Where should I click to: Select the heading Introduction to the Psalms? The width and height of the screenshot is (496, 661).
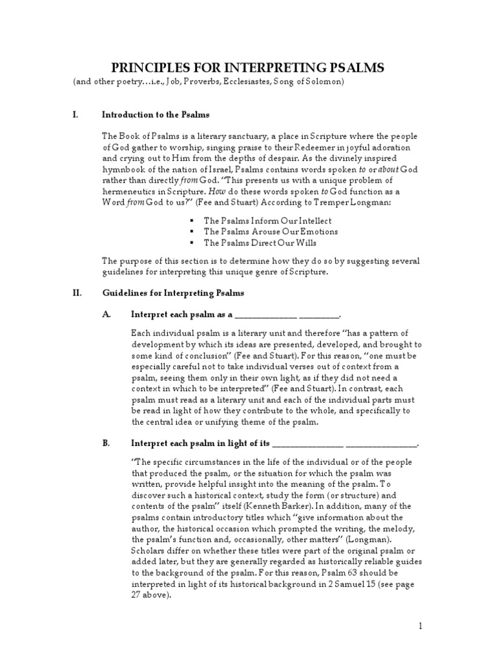(156, 115)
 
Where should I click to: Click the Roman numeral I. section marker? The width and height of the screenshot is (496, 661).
(76, 115)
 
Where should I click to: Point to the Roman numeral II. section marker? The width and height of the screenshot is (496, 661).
(77, 292)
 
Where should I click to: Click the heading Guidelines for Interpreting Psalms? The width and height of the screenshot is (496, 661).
(172, 292)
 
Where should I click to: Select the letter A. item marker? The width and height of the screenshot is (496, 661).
(107, 314)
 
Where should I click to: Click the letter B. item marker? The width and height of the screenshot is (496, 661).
(107, 443)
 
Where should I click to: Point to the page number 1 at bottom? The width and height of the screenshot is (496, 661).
(419, 625)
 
